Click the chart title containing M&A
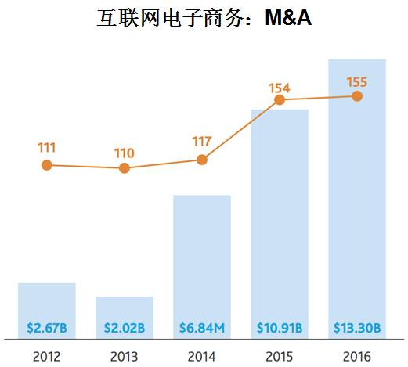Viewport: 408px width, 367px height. [x=204, y=19]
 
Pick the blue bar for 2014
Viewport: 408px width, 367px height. [x=202, y=258]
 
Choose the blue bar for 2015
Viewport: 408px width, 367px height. [x=280, y=219]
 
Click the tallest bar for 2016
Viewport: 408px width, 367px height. [x=357, y=196]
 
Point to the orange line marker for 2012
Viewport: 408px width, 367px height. [x=47, y=165]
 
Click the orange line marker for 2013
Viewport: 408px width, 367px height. [x=125, y=168]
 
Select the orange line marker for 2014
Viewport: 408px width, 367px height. [x=202, y=160]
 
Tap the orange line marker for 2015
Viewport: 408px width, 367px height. [x=280, y=99]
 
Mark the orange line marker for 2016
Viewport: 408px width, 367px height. [x=357, y=96]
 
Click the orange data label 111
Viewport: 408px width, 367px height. [x=47, y=147]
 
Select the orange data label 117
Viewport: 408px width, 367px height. [x=202, y=142]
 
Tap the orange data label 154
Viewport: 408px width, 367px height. [x=280, y=88]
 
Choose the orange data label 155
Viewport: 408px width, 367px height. [x=357, y=81]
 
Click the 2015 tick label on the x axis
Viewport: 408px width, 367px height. [x=280, y=356]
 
